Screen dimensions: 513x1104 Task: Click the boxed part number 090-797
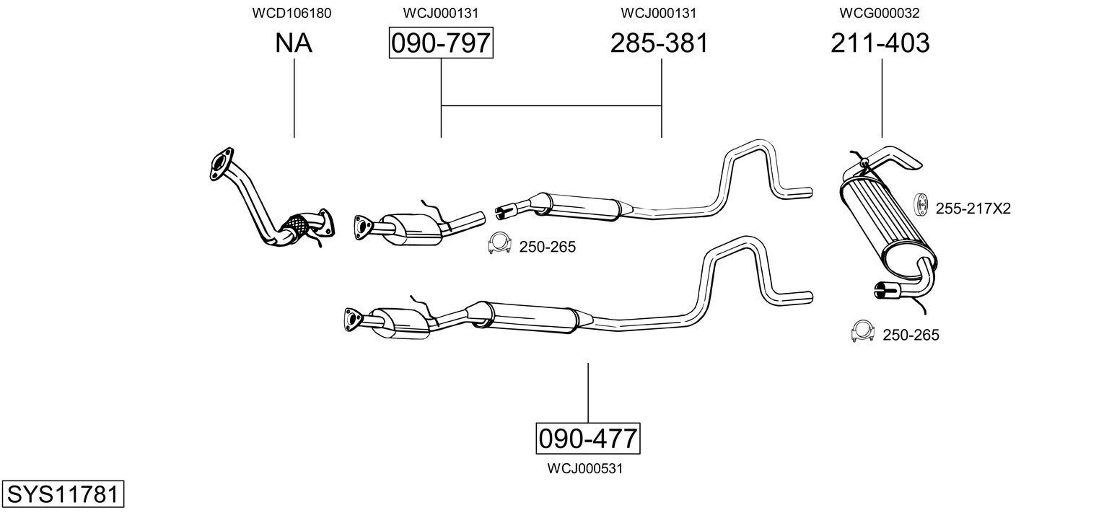[x=441, y=43]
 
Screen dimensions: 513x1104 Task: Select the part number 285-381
[x=659, y=43]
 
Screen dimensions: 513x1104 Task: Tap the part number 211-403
[x=880, y=43]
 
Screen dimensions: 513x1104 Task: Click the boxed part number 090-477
[x=587, y=438]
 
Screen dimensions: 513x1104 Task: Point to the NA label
[x=294, y=43]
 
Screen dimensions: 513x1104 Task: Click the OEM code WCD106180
[x=292, y=13]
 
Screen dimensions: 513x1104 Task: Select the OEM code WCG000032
[x=879, y=13]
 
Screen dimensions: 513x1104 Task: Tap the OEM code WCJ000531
[x=584, y=469]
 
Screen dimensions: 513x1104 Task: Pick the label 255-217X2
[x=973, y=209]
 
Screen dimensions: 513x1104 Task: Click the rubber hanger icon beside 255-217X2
[x=921, y=205]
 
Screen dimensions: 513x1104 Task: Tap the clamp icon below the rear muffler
[x=863, y=330]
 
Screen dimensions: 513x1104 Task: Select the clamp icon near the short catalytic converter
[x=499, y=244]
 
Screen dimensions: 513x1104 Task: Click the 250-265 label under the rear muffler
[x=911, y=335]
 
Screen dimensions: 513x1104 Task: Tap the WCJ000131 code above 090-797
[x=440, y=13]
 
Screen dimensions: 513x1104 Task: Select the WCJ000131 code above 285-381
[x=658, y=13]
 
